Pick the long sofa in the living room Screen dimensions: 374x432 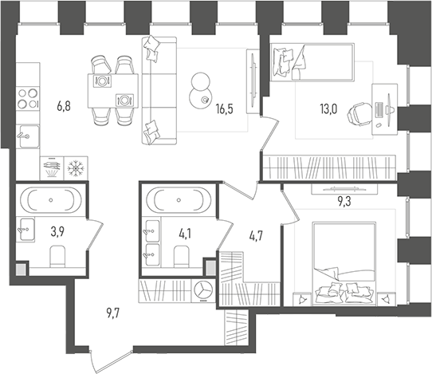(156, 89)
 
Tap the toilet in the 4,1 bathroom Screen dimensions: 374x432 (180, 257)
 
